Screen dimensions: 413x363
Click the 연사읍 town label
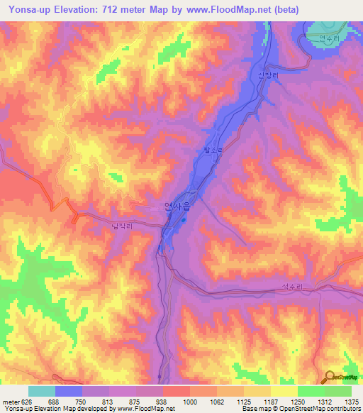(x=177, y=206)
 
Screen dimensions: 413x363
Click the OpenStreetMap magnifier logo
(x=329, y=376)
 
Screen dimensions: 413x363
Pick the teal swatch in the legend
(x=42, y=391)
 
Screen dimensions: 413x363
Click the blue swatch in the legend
(x=69, y=391)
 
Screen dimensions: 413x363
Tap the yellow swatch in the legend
(x=284, y=391)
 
